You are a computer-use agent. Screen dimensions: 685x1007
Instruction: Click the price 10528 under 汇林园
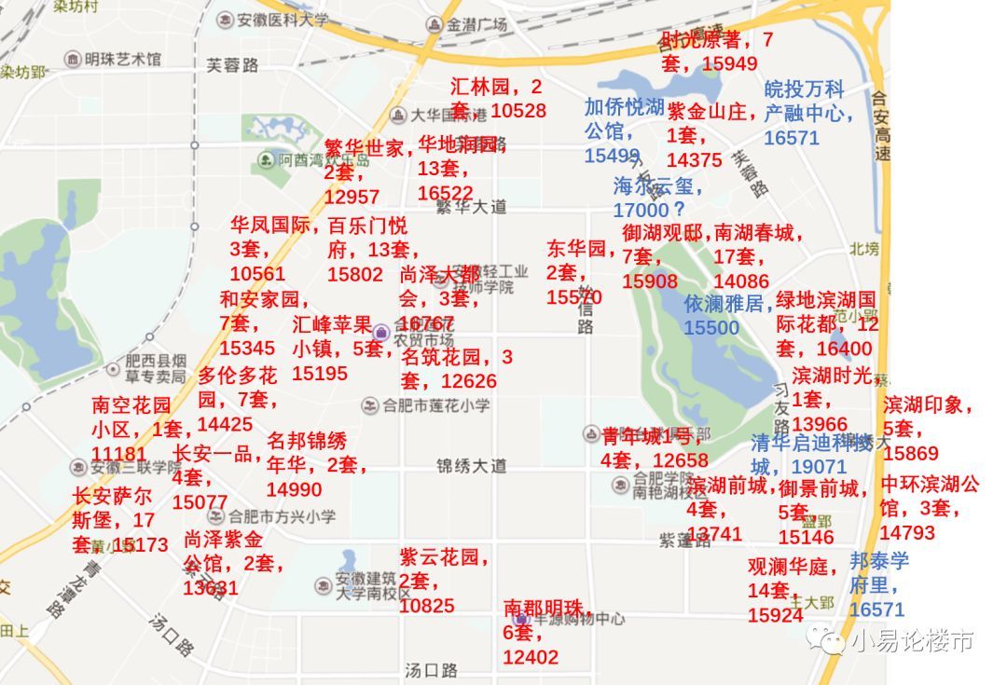click(x=518, y=111)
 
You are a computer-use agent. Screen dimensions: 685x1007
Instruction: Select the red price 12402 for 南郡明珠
click(x=531, y=657)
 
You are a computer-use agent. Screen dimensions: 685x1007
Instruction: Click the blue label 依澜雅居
click(x=723, y=304)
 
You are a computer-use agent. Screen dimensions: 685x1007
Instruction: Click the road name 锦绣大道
click(x=471, y=465)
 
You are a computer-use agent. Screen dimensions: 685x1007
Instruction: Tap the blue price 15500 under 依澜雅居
click(x=711, y=328)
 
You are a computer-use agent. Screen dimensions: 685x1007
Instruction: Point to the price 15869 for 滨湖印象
click(x=911, y=453)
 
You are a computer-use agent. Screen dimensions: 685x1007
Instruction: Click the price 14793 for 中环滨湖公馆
click(x=907, y=533)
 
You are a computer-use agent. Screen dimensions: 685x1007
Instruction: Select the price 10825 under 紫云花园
click(x=426, y=606)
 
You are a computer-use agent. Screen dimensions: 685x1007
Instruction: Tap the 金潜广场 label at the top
click(x=476, y=25)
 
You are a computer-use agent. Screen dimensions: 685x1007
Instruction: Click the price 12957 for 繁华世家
click(x=352, y=197)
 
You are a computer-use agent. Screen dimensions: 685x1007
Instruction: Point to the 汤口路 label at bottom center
click(x=431, y=670)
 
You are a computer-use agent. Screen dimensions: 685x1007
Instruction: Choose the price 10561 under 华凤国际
click(x=257, y=274)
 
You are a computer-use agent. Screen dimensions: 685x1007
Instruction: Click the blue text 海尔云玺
click(x=658, y=185)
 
